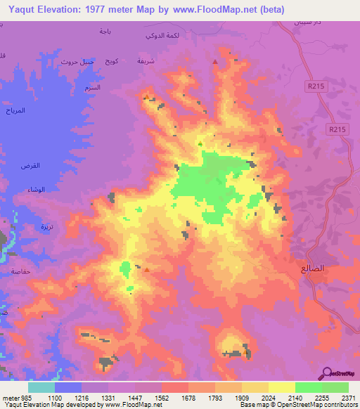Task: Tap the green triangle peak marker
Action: click(x=200, y=144)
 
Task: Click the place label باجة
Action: click(x=105, y=32)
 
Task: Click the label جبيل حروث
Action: click(x=77, y=62)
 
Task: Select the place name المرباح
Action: click(x=15, y=112)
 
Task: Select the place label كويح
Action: click(x=110, y=62)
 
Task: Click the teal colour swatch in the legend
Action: click(x=41, y=387)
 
